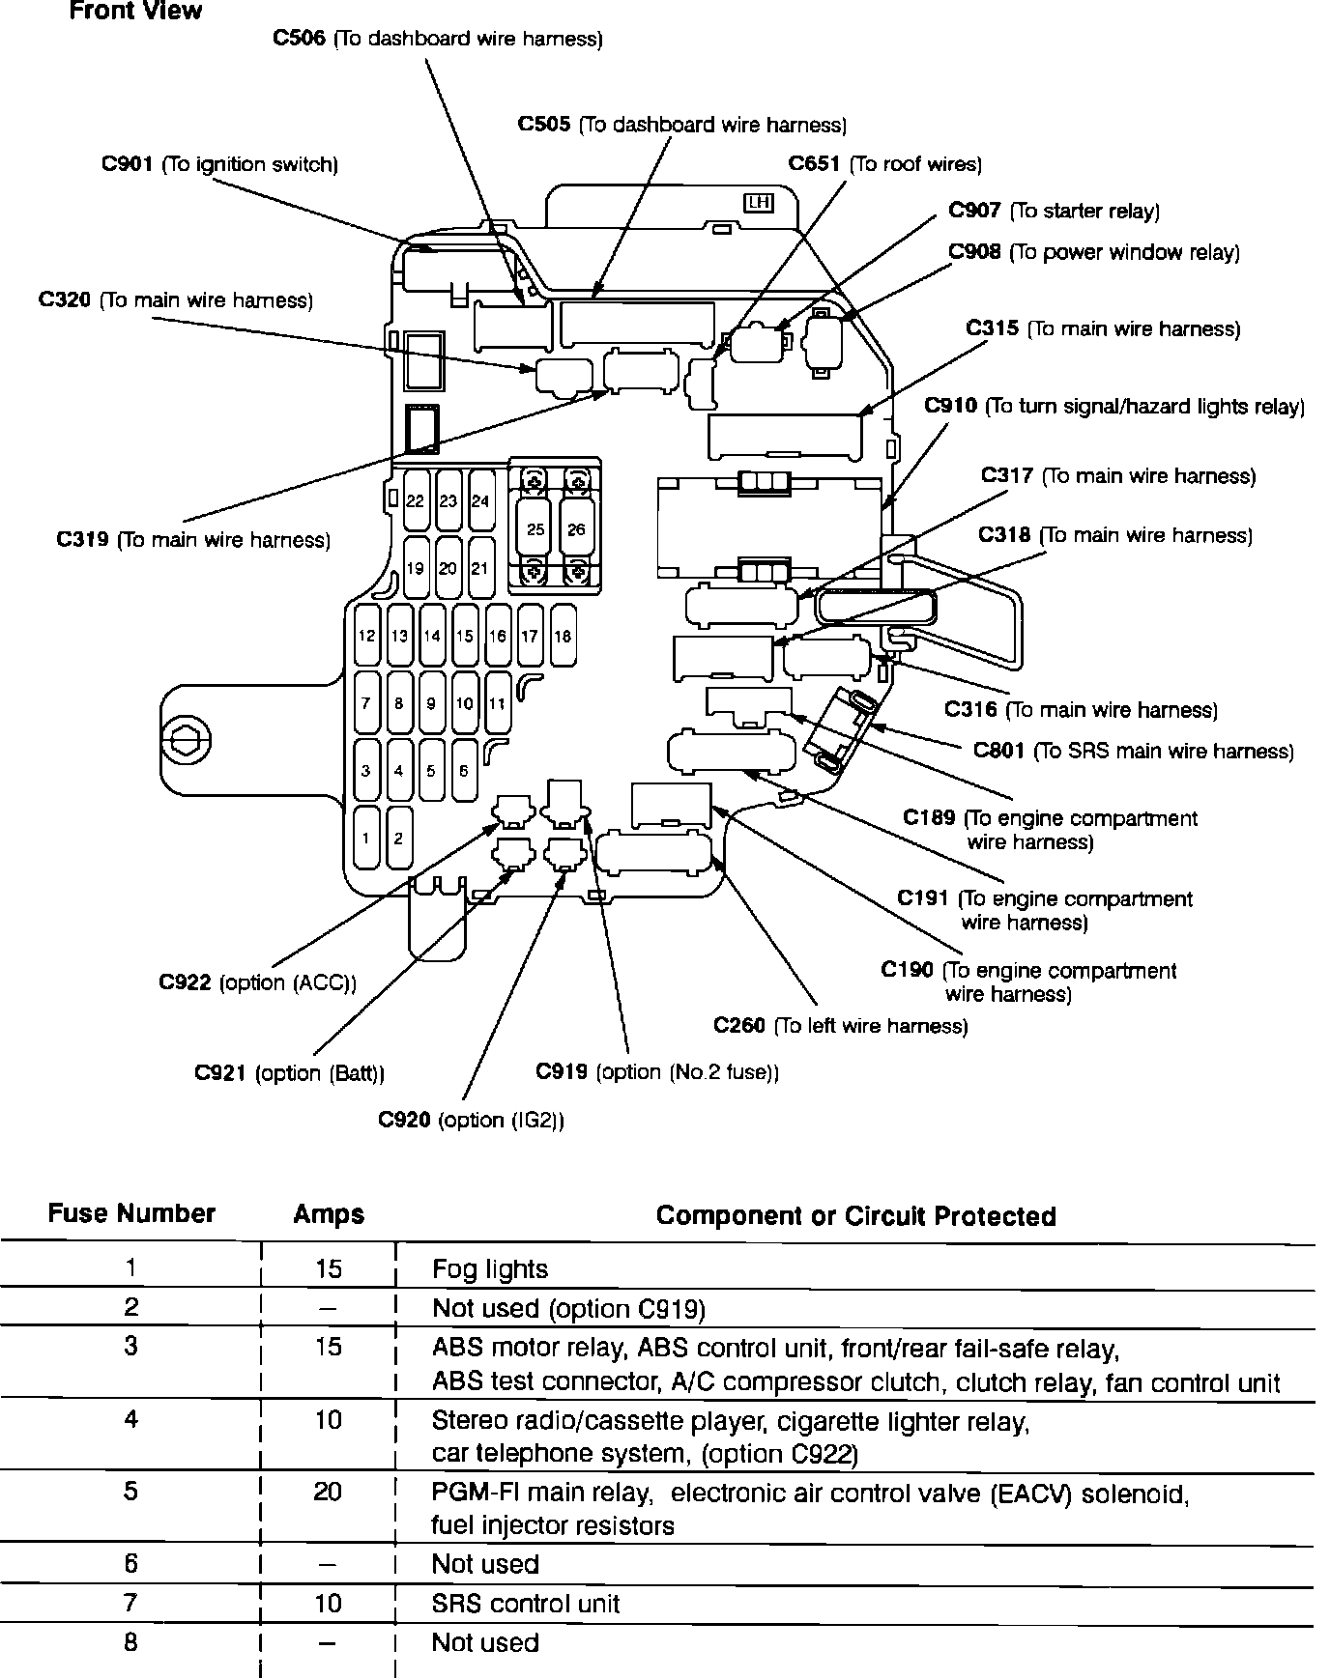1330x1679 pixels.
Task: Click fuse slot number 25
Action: coord(535,528)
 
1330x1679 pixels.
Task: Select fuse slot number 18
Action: coord(563,636)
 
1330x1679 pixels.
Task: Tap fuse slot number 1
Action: coord(366,838)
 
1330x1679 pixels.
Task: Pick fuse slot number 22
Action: coord(415,500)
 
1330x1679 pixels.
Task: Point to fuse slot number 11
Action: coord(497,703)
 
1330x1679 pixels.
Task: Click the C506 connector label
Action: coord(438,40)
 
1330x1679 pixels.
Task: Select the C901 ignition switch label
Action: coord(219,164)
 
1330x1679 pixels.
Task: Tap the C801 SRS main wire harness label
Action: coord(1133,751)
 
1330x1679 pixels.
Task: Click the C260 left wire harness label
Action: coord(840,1025)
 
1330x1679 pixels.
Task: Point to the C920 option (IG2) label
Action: coord(471,1120)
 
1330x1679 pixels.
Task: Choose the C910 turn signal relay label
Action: coord(1113,406)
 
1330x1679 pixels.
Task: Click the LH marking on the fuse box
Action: coord(758,203)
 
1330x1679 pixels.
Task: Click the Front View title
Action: coord(135,12)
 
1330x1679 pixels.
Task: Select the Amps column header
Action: coord(329,1214)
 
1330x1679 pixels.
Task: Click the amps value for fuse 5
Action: coord(328,1492)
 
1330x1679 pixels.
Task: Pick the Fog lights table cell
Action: coord(490,1269)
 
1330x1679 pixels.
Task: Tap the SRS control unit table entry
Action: coord(525,1604)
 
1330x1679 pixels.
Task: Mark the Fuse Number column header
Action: coord(131,1213)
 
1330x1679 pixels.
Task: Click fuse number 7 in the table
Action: coord(131,1602)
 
